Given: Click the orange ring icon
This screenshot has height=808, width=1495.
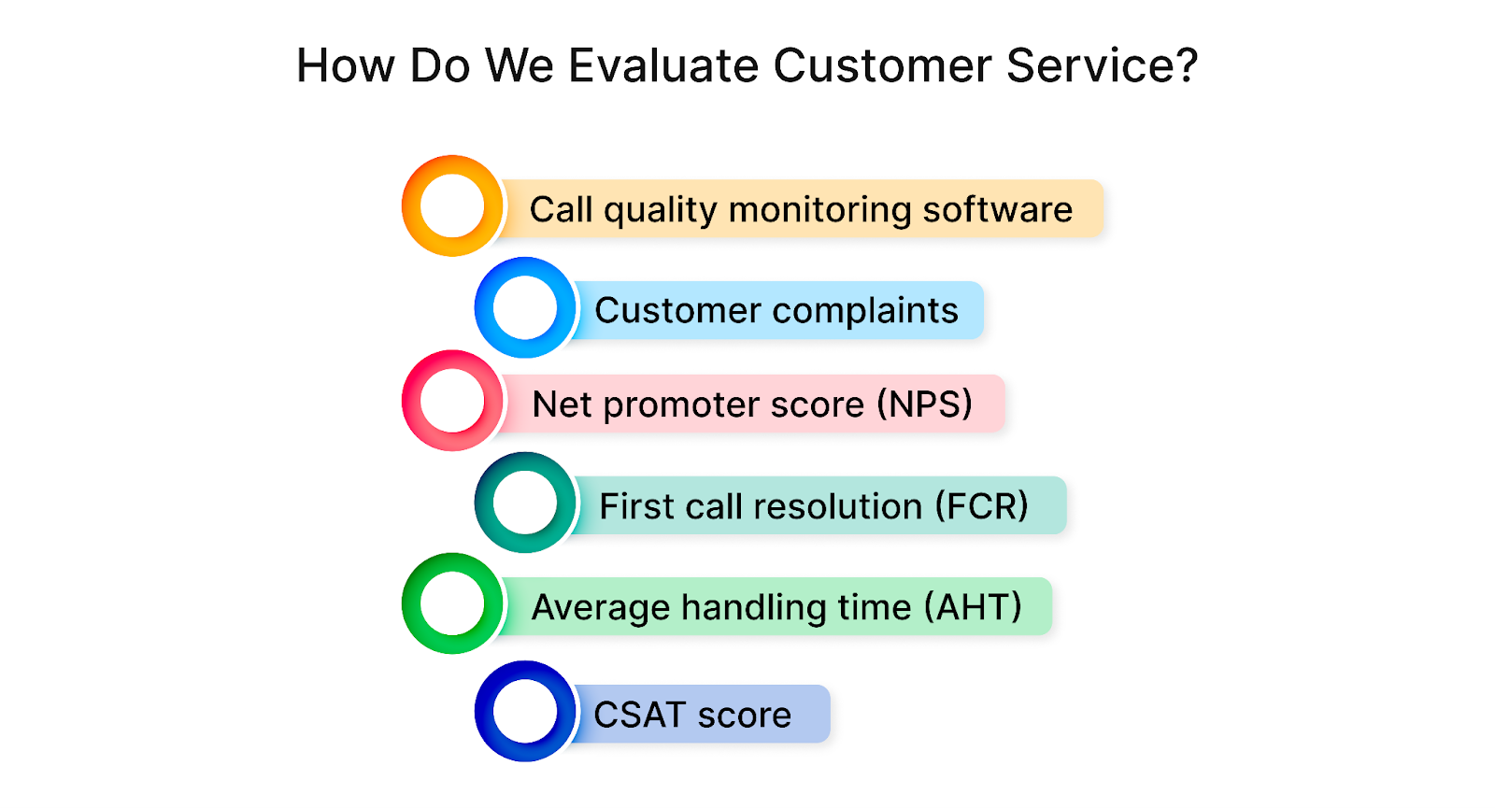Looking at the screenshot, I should [x=452, y=206].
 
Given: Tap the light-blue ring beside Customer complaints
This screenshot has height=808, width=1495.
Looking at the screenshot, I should [x=525, y=307].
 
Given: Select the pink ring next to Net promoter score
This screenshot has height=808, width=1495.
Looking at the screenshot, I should [x=452, y=401].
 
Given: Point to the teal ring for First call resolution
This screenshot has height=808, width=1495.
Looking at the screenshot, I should [x=525, y=503].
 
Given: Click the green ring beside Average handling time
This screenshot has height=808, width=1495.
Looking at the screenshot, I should [x=452, y=603].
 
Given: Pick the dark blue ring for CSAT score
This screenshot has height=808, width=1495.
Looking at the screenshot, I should [x=525, y=711].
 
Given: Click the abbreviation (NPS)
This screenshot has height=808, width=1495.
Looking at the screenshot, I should [x=924, y=404].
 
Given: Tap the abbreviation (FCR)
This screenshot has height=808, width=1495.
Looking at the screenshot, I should [x=981, y=506].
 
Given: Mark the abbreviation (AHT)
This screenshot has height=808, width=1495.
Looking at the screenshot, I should [x=973, y=607].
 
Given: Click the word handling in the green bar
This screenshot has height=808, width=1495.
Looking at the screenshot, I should [x=753, y=607].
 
